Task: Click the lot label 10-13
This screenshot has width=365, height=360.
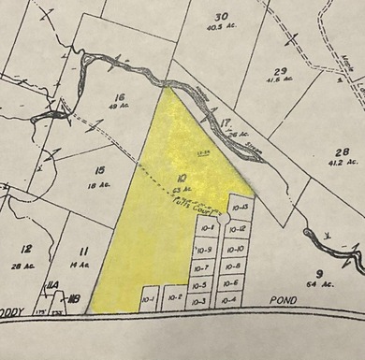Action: [239, 207]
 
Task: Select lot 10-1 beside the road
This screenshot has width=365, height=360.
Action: [147, 299]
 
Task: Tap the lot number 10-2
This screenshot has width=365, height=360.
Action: [173, 299]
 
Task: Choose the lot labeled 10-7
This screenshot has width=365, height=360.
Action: [203, 267]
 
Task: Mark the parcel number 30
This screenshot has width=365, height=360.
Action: [221, 17]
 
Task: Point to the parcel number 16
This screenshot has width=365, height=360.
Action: [118, 97]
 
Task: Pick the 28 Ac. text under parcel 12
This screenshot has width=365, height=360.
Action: [27, 266]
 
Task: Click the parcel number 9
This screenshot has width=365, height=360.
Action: [319, 271]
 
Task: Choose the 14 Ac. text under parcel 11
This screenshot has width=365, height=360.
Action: [83, 266]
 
